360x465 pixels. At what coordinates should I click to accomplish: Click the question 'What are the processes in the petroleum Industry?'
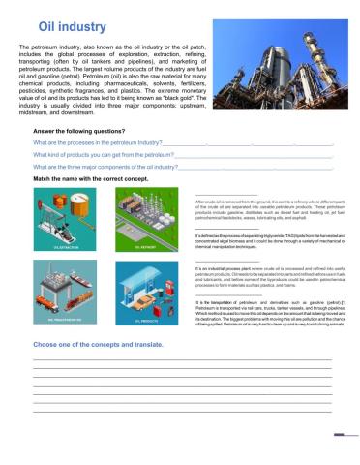(98, 141)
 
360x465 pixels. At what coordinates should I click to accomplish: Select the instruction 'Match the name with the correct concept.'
(89, 179)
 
